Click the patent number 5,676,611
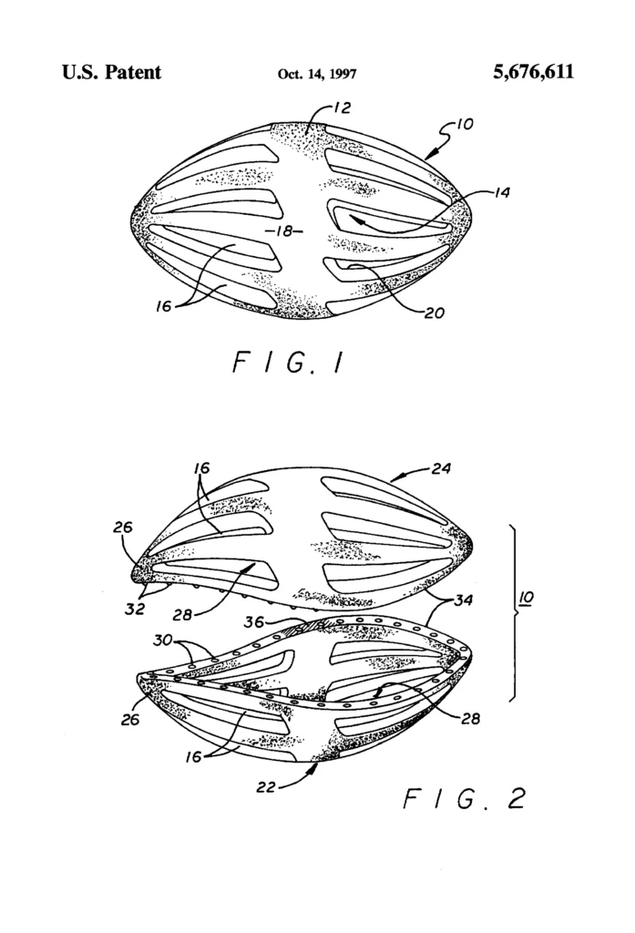point(533,72)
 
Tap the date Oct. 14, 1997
point(317,74)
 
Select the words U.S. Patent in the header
point(111,72)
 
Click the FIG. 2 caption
point(465,798)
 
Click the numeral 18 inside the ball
point(286,231)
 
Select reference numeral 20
point(435,313)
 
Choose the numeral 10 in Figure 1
point(465,124)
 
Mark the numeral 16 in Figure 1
point(164,306)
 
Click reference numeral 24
point(441,469)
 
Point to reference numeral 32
point(135,610)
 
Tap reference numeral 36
point(254,621)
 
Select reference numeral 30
point(162,641)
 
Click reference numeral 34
point(463,600)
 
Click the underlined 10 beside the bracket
point(526,598)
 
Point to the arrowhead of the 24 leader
point(394,477)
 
